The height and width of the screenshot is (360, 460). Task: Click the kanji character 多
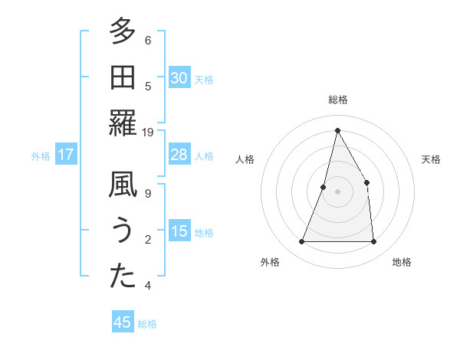[x=122, y=32]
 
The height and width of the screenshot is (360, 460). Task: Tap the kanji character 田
[x=122, y=78]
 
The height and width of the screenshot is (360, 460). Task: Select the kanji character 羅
[x=122, y=123]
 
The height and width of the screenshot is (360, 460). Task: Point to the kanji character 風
[x=122, y=185]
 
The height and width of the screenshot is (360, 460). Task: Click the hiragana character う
[x=122, y=231]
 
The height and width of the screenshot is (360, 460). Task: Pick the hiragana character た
[x=122, y=277]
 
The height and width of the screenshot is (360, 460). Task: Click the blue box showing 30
[x=179, y=78]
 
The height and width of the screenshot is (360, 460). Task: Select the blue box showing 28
[x=179, y=155]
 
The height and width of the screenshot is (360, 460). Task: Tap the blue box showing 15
[x=179, y=231]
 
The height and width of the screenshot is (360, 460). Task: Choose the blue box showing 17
[x=65, y=155]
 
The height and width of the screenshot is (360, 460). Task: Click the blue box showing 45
[x=123, y=322]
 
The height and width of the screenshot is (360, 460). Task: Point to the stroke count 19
[x=148, y=133]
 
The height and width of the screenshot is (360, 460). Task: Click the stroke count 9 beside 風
[x=148, y=194]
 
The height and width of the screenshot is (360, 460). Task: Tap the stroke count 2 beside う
[x=148, y=240]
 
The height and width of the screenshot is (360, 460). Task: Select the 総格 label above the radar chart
[x=337, y=100]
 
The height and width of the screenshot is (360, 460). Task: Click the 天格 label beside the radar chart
[x=432, y=159]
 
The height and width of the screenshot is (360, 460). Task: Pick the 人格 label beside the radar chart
[x=245, y=159]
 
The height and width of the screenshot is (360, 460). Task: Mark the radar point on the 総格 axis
[x=337, y=130]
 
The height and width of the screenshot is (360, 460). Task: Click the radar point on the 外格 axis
[x=301, y=242]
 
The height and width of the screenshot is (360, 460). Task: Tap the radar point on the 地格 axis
[x=373, y=242]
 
